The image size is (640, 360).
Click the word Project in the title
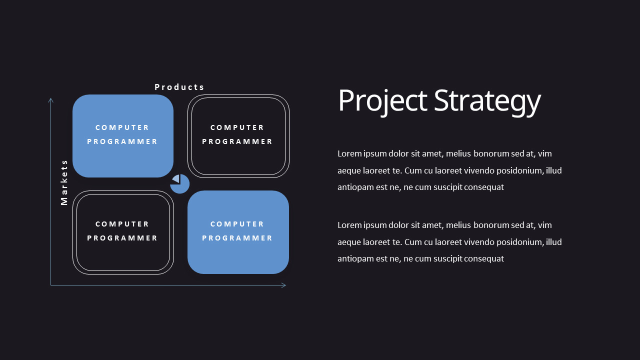(382, 100)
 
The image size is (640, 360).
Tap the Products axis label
(179, 87)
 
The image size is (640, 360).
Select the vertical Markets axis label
(64, 182)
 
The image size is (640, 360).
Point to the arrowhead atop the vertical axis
(50, 100)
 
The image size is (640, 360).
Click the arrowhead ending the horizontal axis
(283, 285)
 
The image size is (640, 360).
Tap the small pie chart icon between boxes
(179, 184)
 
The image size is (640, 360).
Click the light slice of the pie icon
(176, 178)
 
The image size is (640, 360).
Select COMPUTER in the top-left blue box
(122, 127)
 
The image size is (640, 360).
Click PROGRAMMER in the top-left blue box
(122, 141)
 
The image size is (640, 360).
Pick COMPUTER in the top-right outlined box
(237, 127)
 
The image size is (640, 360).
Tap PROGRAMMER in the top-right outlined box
(237, 141)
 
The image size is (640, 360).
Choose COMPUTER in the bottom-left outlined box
(122, 224)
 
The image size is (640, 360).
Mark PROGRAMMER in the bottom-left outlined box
(122, 238)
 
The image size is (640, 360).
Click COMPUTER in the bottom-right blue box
(237, 224)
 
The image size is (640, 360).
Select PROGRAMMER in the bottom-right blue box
(237, 238)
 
